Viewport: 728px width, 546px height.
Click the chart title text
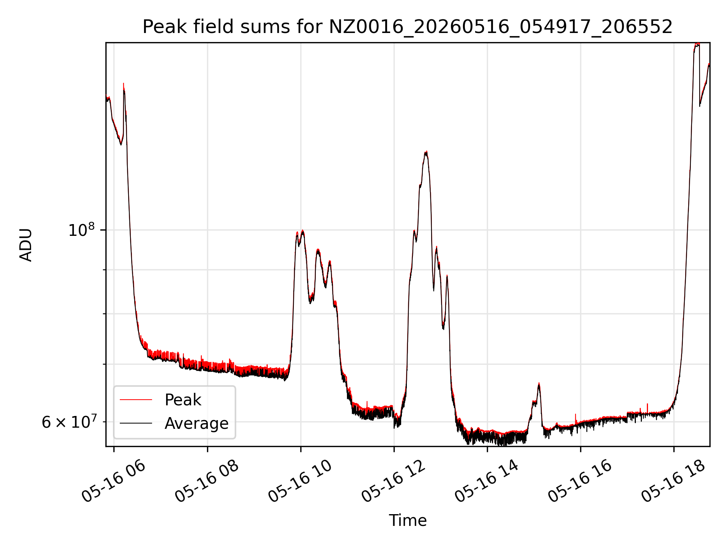point(408,27)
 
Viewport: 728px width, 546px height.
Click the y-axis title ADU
point(26,245)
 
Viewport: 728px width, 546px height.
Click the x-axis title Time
point(408,521)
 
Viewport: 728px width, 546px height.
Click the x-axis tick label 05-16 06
point(114,482)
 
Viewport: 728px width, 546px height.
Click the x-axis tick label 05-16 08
point(207,482)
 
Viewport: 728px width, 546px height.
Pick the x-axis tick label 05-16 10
point(300,482)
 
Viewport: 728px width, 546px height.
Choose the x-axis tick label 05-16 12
point(394,482)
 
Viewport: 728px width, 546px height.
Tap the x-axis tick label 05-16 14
point(487,482)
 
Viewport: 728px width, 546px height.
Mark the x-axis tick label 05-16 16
point(580,482)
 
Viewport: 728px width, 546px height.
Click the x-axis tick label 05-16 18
point(673,482)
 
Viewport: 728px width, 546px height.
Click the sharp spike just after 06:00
point(124,84)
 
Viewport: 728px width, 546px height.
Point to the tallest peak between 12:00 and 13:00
point(426,152)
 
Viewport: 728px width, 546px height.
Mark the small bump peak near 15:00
point(539,384)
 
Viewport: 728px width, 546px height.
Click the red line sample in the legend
point(136,400)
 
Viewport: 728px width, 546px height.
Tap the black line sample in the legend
point(136,423)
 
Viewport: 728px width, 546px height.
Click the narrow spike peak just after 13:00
point(447,276)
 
